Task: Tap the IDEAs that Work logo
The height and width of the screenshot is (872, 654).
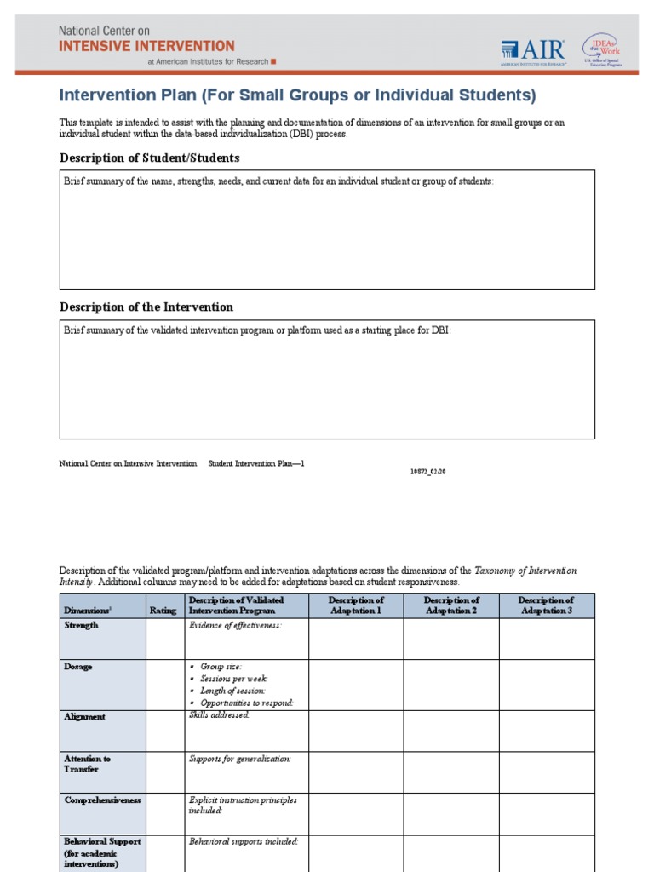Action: tap(600, 49)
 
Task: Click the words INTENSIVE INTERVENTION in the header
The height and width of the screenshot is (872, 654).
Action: tap(146, 46)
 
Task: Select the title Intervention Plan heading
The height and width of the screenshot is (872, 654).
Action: tap(297, 95)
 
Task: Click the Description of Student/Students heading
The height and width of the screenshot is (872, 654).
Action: tap(149, 158)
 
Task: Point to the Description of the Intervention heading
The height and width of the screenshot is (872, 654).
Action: tap(146, 307)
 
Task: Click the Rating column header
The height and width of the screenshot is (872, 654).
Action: tap(163, 611)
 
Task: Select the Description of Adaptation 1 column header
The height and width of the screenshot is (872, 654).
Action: tap(356, 605)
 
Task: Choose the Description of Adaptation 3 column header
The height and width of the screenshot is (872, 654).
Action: tap(546, 605)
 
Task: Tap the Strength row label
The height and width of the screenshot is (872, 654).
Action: tap(82, 625)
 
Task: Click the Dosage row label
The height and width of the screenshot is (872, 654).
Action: tap(78, 667)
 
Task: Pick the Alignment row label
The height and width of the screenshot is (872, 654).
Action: tap(85, 717)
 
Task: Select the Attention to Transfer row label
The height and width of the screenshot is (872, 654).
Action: tap(87, 764)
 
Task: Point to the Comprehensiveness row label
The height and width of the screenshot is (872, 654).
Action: tap(102, 800)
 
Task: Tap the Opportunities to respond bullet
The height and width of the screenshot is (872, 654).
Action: tap(246, 703)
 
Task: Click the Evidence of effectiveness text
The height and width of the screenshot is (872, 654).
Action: tap(234, 625)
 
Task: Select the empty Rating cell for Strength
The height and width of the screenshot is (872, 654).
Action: tap(163, 639)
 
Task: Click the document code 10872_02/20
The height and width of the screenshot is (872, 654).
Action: tap(428, 472)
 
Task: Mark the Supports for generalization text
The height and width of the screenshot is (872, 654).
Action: tap(239, 758)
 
